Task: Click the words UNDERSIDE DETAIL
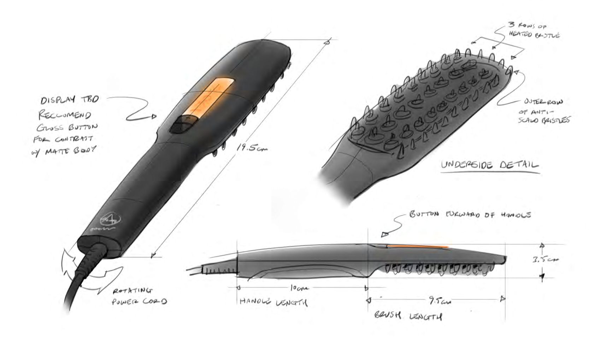[490, 165]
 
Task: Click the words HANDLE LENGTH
[273, 302]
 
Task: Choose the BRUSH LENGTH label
[408, 315]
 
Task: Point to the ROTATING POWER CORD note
[139, 296]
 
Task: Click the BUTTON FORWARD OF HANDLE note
[470, 214]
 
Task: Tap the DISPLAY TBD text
[69, 100]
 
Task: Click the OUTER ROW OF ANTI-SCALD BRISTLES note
[544, 111]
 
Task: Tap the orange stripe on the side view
[417, 245]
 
